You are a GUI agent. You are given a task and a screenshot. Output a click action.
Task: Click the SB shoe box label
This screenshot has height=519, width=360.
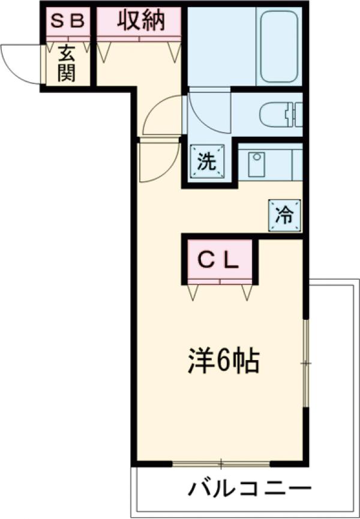point(68,22)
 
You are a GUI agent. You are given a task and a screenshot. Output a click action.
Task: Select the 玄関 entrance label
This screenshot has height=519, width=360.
point(66,65)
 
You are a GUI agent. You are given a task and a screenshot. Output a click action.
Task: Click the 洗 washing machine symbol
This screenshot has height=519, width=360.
point(206,162)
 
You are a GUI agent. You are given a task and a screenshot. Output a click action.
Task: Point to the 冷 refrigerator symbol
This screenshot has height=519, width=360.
point(285,214)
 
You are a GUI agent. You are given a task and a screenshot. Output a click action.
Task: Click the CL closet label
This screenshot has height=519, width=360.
point(219,260)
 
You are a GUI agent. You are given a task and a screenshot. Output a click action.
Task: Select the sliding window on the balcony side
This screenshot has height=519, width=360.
point(221,463)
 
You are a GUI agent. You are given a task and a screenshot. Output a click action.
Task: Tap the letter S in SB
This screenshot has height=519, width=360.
point(56,22)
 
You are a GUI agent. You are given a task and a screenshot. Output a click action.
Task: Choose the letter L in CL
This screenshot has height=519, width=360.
point(233,260)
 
